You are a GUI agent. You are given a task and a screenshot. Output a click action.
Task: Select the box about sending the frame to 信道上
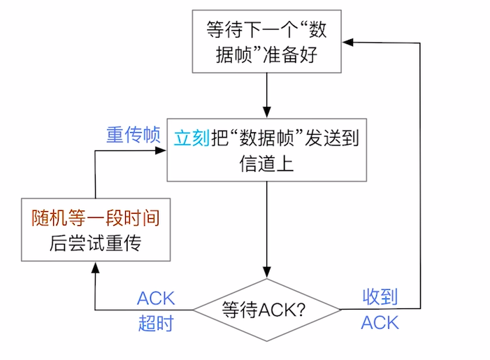point(266,151)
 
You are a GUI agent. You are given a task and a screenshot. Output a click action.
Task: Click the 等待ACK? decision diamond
point(266,309)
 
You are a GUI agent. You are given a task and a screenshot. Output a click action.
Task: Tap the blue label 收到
point(380,297)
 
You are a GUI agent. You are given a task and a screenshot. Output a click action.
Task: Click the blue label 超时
point(155,323)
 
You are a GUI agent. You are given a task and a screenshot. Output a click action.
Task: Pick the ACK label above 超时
point(155,298)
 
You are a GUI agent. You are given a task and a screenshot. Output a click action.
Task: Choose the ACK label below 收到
point(380,322)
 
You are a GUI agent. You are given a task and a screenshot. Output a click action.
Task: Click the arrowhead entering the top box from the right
point(347,43)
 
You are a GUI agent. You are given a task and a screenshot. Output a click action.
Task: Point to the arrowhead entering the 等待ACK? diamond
point(266,274)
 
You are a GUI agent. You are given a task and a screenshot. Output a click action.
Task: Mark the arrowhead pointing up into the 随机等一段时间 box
point(94,269)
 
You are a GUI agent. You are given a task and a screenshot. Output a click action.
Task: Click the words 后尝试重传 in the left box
point(95,243)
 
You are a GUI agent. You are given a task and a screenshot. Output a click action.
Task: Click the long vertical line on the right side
point(420,175)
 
